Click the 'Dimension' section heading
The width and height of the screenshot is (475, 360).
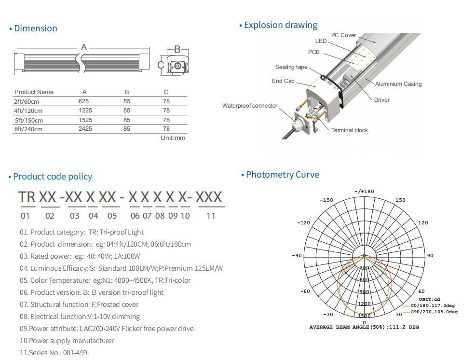(35, 28)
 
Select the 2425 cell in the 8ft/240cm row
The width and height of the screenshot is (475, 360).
(85, 129)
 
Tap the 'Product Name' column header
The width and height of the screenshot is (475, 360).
(34, 92)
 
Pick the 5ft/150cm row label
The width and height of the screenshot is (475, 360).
(29, 120)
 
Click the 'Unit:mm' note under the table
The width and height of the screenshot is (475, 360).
(173, 138)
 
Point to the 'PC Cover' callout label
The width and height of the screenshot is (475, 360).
(343, 35)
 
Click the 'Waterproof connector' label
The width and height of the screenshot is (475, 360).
(250, 106)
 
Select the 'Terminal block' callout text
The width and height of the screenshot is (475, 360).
(349, 130)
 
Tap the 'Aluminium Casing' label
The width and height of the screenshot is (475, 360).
(398, 84)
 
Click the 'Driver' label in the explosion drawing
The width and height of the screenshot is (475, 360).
(382, 100)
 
